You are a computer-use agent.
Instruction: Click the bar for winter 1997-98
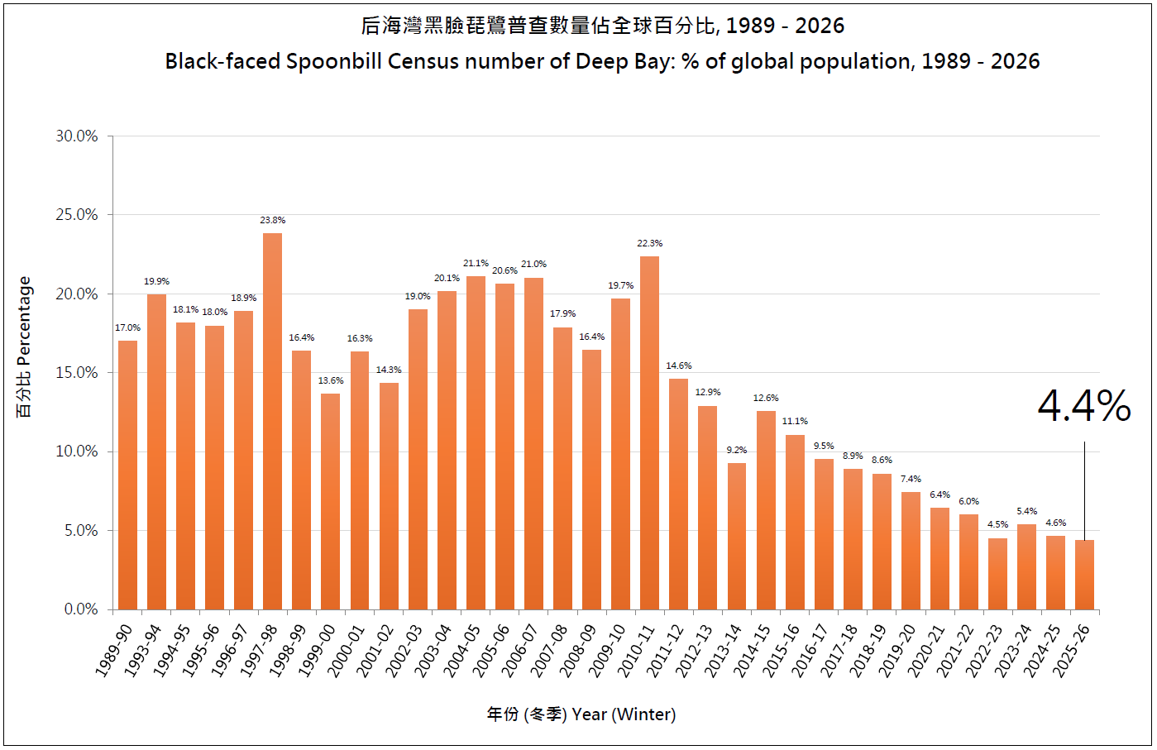pos(272,422)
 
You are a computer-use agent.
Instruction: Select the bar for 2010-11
pos(649,433)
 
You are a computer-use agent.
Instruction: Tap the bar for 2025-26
pos(1084,575)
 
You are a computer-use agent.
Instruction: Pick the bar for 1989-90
pos(127,475)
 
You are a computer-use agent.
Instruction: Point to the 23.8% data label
pos(272,221)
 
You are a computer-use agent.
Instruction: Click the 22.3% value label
pos(649,244)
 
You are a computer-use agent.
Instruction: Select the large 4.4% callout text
pos(1083,406)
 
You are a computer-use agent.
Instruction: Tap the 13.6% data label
pos(331,381)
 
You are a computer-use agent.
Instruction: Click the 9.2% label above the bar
pos(737,451)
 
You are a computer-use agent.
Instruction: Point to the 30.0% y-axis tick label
pos(77,136)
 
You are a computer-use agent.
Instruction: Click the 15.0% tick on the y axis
pos(77,373)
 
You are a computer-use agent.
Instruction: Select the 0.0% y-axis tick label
pos(81,609)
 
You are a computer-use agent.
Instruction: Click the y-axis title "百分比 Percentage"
pos(24,347)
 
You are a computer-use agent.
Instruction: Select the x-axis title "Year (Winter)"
pos(624,714)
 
